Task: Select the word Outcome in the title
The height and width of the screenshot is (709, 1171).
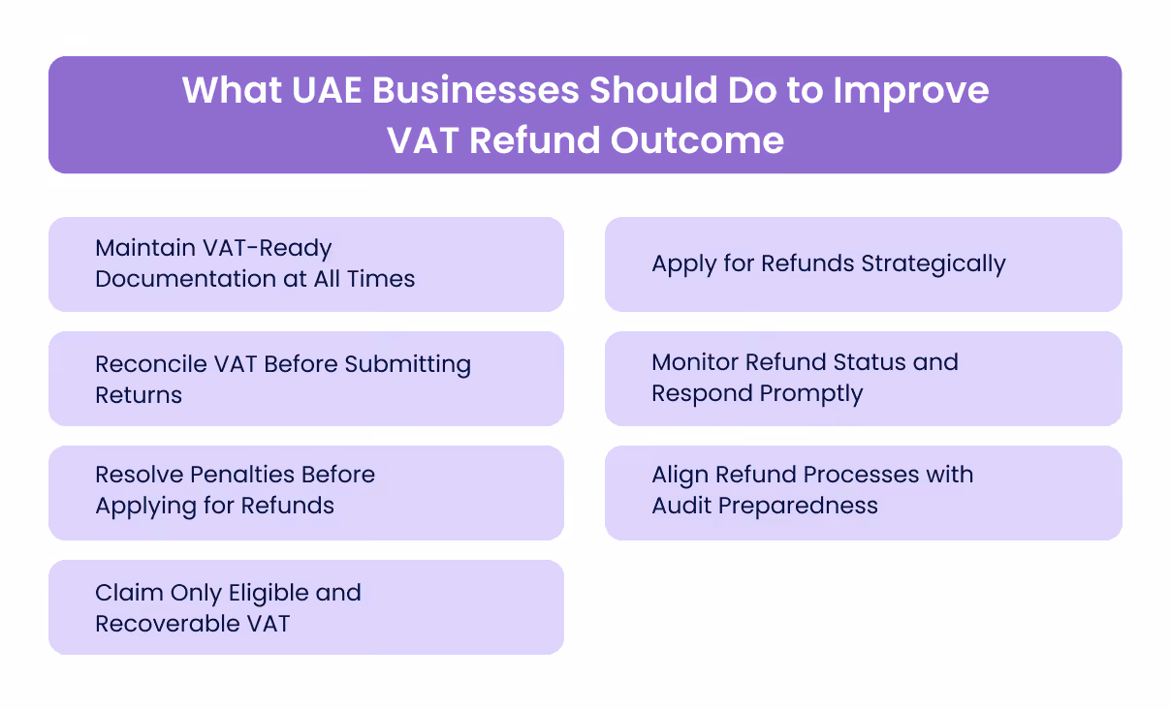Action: (x=697, y=140)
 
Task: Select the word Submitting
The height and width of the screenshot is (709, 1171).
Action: (x=408, y=364)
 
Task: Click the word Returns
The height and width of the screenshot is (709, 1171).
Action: (x=139, y=395)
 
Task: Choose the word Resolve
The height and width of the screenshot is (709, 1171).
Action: (x=137, y=475)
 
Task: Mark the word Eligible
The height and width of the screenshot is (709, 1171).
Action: (x=269, y=593)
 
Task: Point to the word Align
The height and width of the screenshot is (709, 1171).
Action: (x=680, y=475)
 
